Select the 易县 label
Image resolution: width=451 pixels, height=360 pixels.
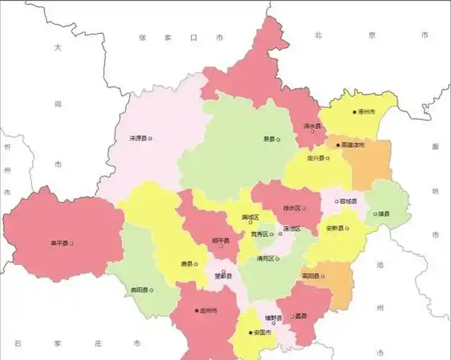[269, 139]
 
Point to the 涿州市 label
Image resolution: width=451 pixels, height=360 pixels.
[367, 112]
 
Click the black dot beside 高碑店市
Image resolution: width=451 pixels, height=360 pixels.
[338, 145]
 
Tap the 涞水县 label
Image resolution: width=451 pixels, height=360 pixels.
[311, 126]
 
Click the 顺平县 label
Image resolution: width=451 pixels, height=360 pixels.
[220, 240]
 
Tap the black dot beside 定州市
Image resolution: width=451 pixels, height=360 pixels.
[197, 310]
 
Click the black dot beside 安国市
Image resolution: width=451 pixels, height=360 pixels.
[251, 333]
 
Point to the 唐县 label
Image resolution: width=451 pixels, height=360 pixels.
[185, 264]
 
